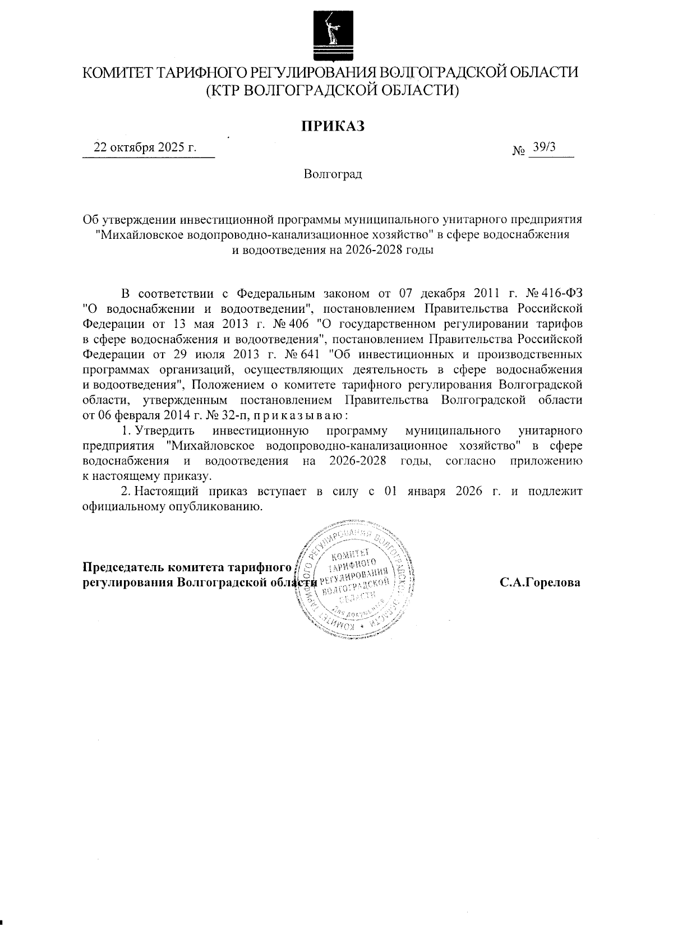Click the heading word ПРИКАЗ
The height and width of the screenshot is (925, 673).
click(x=333, y=126)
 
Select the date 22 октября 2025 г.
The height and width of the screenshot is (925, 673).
click(x=145, y=147)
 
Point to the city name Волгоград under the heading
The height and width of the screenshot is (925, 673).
click(x=333, y=174)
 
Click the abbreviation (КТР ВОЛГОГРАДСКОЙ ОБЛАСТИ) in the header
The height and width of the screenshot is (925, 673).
click(x=333, y=90)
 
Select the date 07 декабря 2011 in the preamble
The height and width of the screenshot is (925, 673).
click(x=437, y=293)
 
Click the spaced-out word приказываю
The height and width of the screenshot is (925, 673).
click(x=294, y=415)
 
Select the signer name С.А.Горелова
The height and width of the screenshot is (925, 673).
click(x=540, y=582)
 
